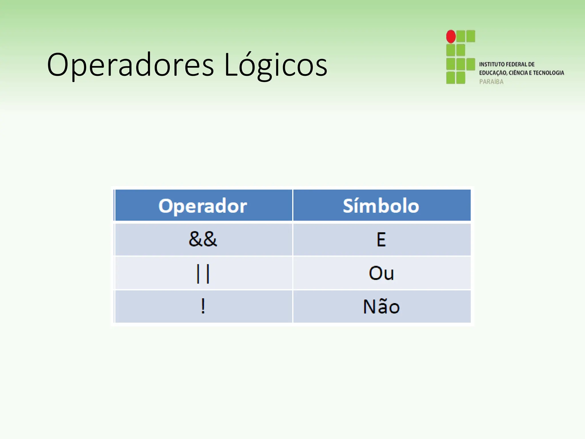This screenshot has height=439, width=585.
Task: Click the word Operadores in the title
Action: (x=130, y=65)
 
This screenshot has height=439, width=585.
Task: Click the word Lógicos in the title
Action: (x=276, y=65)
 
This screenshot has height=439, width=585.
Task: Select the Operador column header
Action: (x=203, y=205)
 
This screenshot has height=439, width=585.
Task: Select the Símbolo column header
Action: (x=381, y=205)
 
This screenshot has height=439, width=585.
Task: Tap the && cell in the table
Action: (x=203, y=239)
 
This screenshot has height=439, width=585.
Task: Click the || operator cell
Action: (x=203, y=273)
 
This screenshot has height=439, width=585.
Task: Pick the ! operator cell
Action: (x=203, y=306)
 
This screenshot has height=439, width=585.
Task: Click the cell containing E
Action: (x=381, y=239)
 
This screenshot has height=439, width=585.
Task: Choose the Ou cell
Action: (x=381, y=273)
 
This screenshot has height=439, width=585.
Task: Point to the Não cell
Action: (x=381, y=306)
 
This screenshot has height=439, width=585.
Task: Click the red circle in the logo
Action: (x=451, y=37)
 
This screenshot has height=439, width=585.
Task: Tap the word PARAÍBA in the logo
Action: (x=491, y=82)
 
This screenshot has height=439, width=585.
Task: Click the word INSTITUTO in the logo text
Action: (x=492, y=64)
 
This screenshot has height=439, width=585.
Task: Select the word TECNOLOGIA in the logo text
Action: (x=548, y=73)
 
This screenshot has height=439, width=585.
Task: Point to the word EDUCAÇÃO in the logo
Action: (x=493, y=73)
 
